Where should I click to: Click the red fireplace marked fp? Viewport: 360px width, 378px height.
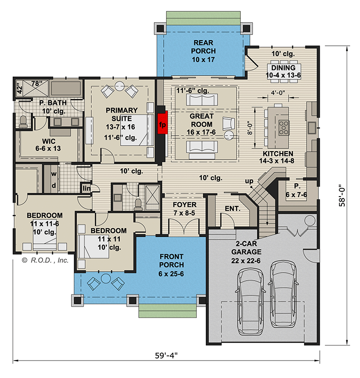pyautogui.click(x=163, y=123)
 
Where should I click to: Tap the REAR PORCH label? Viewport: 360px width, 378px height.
pyautogui.click(x=203, y=51)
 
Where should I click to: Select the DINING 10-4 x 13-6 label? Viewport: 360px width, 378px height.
pyautogui.click(x=283, y=71)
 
